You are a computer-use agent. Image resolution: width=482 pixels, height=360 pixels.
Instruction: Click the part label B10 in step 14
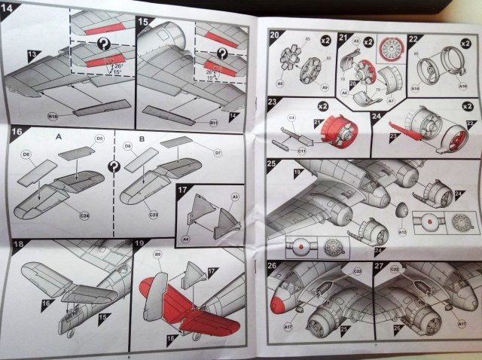(53, 117)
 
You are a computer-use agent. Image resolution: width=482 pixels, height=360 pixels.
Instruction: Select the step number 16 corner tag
(17, 134)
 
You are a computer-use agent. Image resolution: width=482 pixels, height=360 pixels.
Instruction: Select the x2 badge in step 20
(322, 38)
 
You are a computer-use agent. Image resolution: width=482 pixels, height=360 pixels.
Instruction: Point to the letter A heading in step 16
(58, 139)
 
